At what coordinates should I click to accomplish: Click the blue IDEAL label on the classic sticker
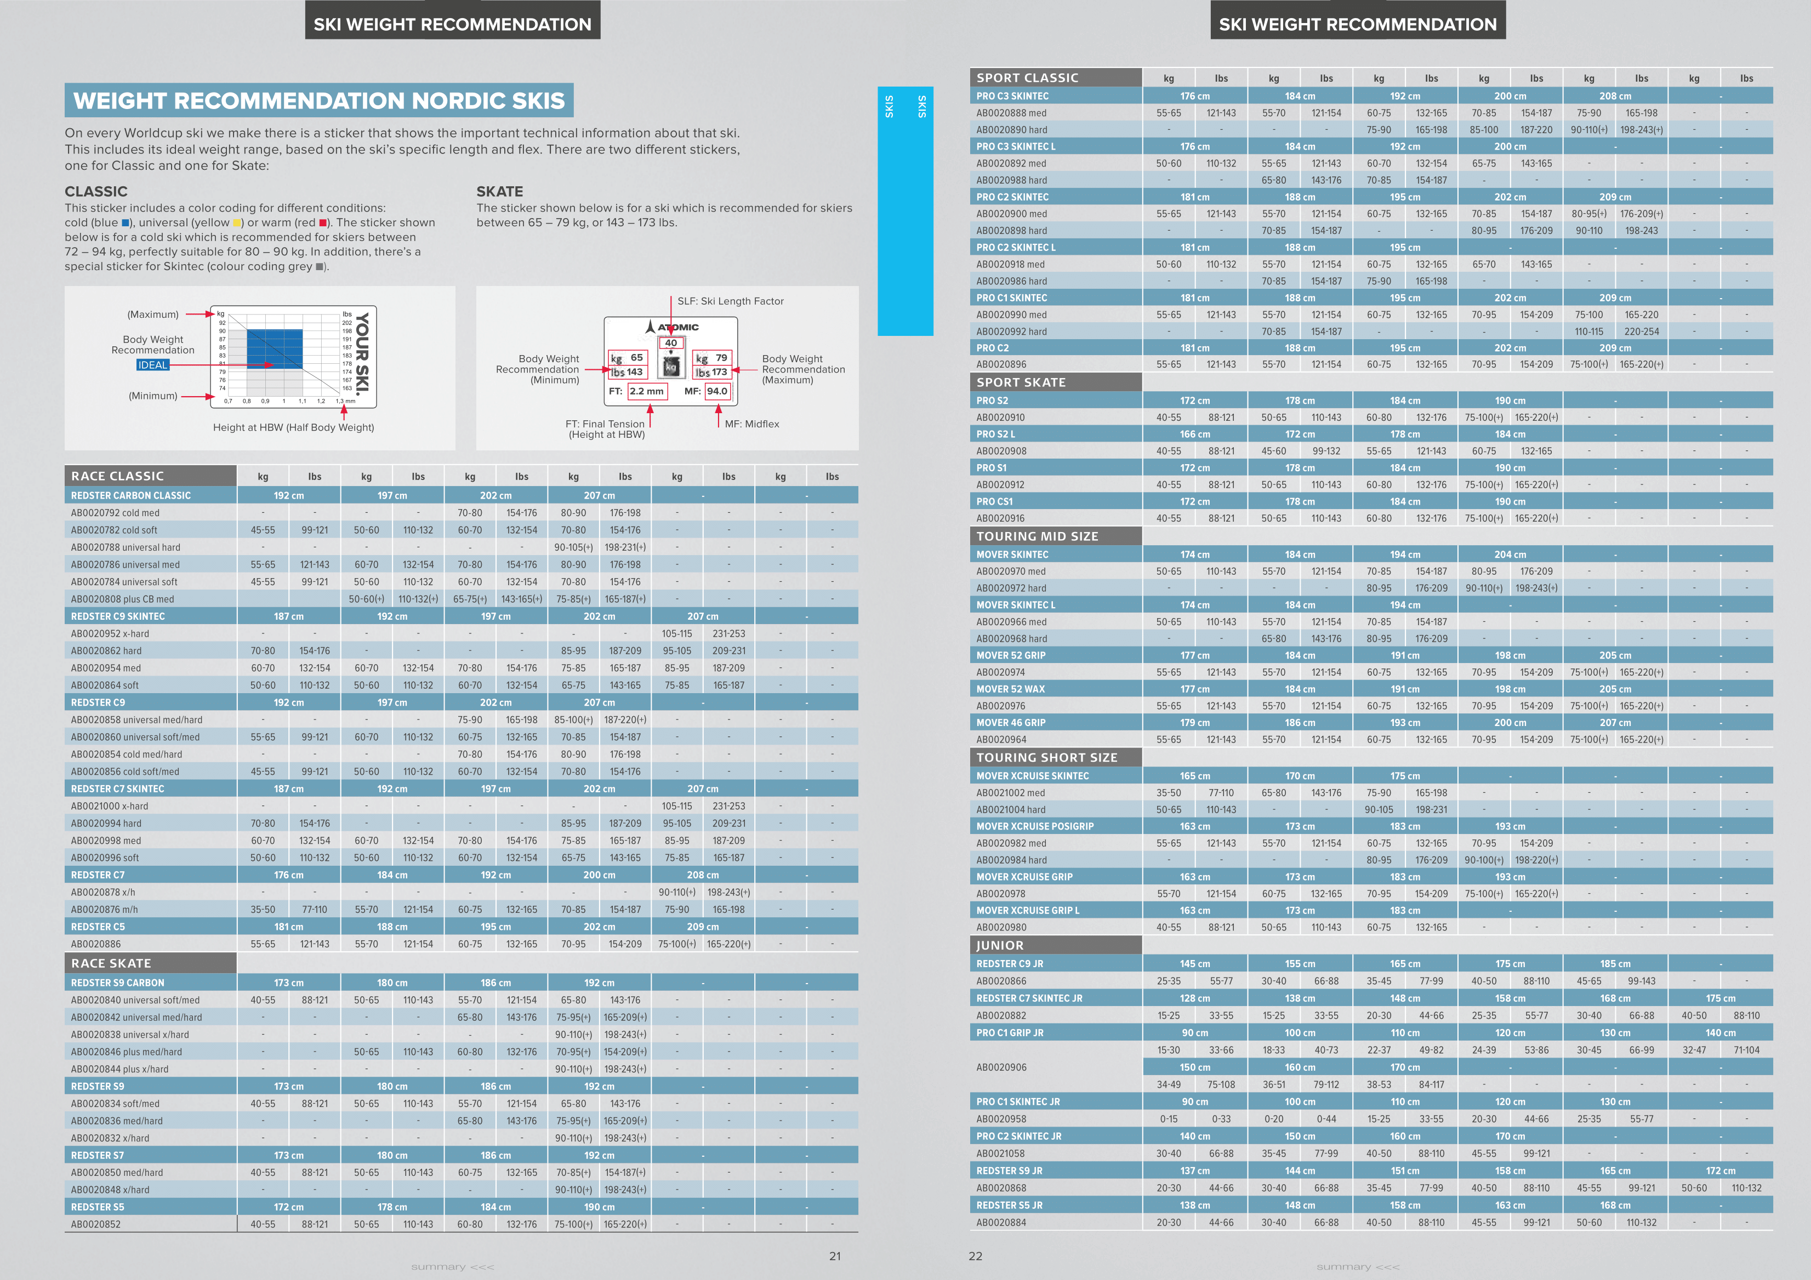click(x=152, y=365)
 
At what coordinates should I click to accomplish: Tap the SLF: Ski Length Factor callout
click(x=731, y=301)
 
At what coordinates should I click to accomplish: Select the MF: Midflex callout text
click(x=751, y=424)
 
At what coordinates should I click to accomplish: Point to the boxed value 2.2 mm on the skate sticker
click(x=646, y=391)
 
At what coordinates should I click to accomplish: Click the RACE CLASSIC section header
click(x=117, y=476)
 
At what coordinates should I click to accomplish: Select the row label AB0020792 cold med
click(x=115, y=513)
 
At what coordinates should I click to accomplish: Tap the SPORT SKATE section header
click(x=1021, y=382)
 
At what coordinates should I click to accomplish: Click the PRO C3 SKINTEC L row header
click(x=1015, y=147)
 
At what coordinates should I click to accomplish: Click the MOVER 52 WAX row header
click(x=1010, y=689)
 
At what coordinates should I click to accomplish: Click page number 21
click(x=834, y=1256)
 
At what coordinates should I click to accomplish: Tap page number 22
click(x=976, y=1256)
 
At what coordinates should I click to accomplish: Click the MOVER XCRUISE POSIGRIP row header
click(x=1035, y=826)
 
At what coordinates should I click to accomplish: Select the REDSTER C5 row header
click(x=98, y=927)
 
